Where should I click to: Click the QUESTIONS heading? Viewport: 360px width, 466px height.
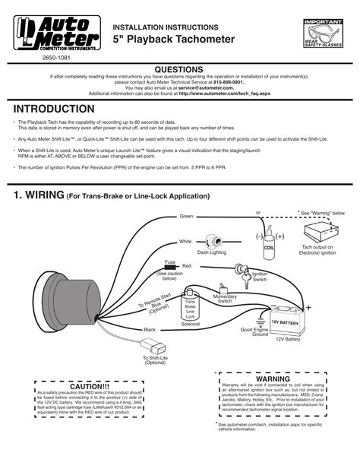point(179,68)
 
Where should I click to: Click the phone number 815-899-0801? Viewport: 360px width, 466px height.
point(230,81)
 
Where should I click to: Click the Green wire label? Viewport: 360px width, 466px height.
point(186,216)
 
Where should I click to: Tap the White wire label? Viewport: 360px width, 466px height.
point(185,241)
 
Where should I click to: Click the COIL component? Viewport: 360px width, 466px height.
point(268,242)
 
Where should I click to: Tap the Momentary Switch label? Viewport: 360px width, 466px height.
point(226,297)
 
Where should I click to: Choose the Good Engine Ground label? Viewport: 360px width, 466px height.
point(254,332)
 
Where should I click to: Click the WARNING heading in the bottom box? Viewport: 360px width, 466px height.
point(272,378)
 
